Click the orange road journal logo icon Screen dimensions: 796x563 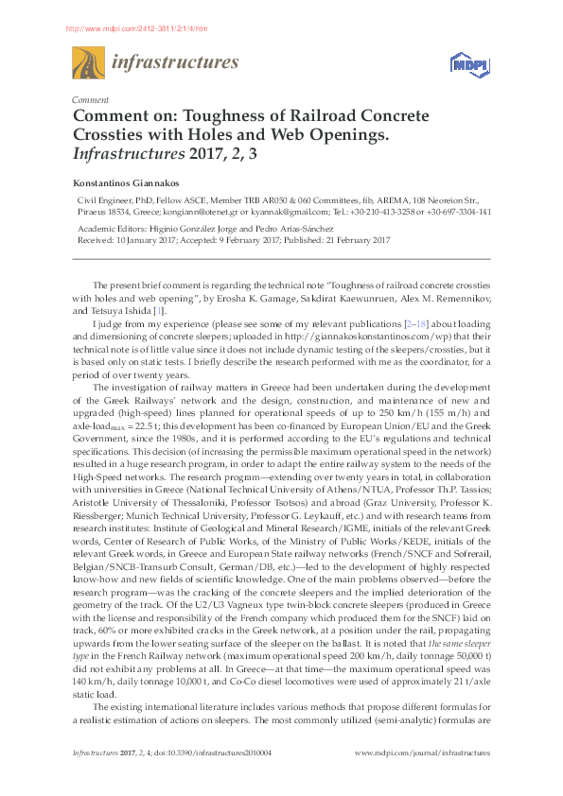pos(88,64)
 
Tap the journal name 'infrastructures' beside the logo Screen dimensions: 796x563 pos(175,63)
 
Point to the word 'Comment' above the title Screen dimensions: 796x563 pos(90,100)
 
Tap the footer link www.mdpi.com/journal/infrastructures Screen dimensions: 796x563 pos(422,753)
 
